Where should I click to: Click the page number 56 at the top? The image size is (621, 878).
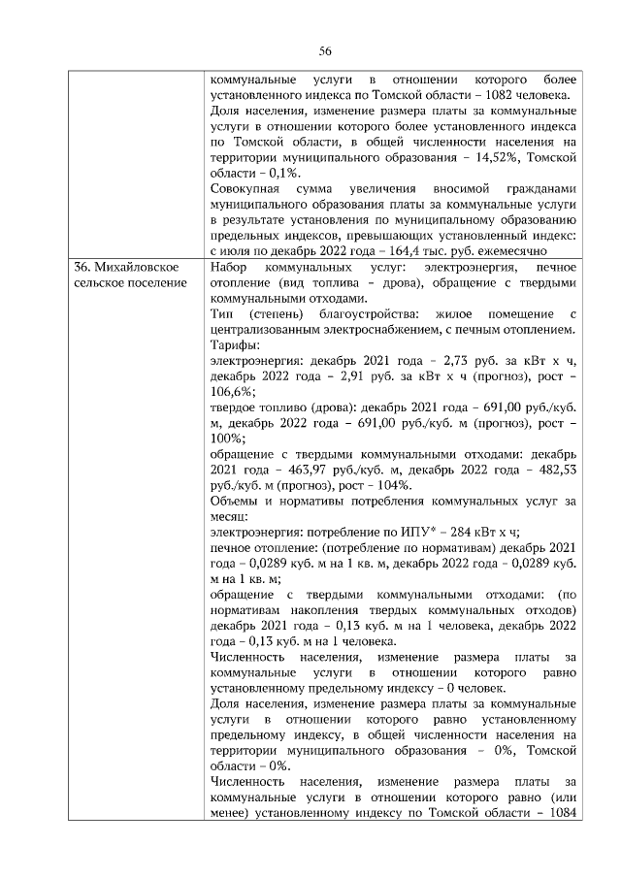tap(325, 51)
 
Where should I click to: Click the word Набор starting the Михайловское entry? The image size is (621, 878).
tap(231, 266)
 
